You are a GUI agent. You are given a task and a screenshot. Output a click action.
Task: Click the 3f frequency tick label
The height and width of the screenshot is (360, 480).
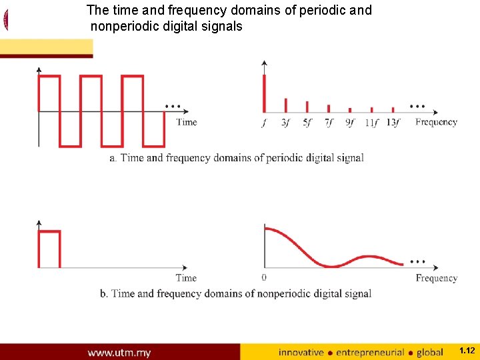pos(285,123)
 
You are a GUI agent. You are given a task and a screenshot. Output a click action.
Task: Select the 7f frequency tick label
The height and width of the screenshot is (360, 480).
pos(329,123)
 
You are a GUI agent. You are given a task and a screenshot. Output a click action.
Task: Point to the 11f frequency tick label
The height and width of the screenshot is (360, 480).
pos(372,123)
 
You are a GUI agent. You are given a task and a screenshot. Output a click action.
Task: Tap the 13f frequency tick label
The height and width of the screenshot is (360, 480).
pos(393,123)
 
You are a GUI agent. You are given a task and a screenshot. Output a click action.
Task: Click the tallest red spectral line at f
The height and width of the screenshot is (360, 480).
pos(265,93)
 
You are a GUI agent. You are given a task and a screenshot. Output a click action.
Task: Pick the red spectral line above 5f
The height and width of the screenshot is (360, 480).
pos(307,107)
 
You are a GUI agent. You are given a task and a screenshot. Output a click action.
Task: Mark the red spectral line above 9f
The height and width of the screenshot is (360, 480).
pos(350,109)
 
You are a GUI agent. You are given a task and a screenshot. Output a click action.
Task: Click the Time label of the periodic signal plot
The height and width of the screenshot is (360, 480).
pos(187,122)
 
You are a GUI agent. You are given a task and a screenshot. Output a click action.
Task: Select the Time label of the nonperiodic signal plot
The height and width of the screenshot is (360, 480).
pos(186,278)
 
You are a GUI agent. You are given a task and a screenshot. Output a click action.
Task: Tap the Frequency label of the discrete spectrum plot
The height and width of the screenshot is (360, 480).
pos(436,122)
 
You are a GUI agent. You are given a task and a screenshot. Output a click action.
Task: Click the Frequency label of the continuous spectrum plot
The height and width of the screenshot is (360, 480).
pos(436,278)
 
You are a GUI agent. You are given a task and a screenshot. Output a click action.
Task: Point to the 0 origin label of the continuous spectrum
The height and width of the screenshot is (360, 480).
pos(265,277)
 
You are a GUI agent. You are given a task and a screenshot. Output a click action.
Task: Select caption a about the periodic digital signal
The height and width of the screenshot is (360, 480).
pos(236,158)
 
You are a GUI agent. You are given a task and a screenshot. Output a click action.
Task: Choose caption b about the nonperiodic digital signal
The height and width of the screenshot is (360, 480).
pos(235,293)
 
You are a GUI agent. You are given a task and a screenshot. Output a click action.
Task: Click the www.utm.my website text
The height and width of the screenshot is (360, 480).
pos(119,352)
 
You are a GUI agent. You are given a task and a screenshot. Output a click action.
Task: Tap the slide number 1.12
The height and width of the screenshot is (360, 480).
pos(467,350)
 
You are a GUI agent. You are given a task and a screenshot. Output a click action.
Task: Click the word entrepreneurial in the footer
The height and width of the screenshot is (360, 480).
pos(370,352)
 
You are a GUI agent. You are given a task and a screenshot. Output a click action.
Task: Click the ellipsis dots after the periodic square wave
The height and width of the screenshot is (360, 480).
pos(173,106)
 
